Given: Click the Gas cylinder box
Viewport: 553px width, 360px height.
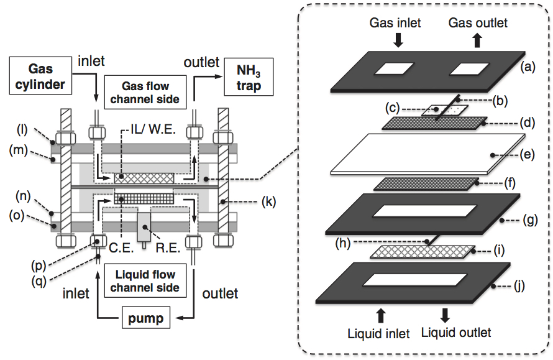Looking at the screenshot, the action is pos(40,76).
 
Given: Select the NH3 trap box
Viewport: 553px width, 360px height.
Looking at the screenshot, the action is pos(249,77).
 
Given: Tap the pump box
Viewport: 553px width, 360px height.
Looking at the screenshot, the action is pos(145,318).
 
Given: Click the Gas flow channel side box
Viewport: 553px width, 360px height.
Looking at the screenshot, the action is pos(145,92).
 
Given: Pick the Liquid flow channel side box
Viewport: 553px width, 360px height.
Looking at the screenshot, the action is pos(145,280).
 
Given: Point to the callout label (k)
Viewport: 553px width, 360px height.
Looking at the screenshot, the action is pos(269,202).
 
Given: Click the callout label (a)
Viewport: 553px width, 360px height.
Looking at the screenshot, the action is pos(528,67).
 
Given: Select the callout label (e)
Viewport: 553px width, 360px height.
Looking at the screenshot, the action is pos(528,155).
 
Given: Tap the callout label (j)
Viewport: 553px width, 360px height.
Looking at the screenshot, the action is pos(519,285).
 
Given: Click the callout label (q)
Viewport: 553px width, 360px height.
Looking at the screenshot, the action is pos(39,281).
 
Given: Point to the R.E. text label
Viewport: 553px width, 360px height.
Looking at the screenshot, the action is pos(168,247).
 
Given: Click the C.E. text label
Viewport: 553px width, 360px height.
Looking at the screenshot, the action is pos(121,247).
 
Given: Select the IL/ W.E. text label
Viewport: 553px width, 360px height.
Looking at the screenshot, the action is pos(153,129).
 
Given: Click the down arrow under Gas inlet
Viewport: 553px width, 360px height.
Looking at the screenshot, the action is pos(398,40).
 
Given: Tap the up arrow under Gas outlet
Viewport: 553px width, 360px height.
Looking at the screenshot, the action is pos(478,40).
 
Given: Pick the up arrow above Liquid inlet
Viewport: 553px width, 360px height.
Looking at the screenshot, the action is pos(380,315).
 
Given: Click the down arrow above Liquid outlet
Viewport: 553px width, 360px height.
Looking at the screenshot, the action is pos(445,315).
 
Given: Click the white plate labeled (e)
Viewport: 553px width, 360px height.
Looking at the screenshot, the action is pos(428,154).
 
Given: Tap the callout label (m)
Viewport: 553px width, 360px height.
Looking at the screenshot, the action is pos(19,150).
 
